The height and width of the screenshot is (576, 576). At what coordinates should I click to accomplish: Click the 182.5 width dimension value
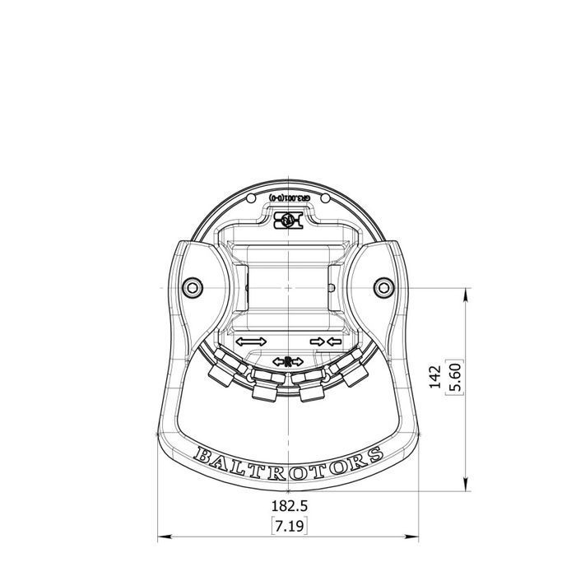[x=288, y=504]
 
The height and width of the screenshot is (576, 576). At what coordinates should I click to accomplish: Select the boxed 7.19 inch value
[x=288, y=523]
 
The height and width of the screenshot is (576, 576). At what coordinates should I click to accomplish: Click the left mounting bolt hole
[x=193, y=286]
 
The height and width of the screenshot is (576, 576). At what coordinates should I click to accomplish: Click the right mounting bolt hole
[x=383, y=286]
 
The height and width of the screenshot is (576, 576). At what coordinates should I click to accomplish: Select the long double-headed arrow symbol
[x=251, y=341]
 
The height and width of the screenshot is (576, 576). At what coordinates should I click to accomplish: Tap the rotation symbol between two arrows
[x=288, y=360]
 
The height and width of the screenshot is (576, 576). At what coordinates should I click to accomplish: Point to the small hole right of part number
[x=326, y=198]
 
